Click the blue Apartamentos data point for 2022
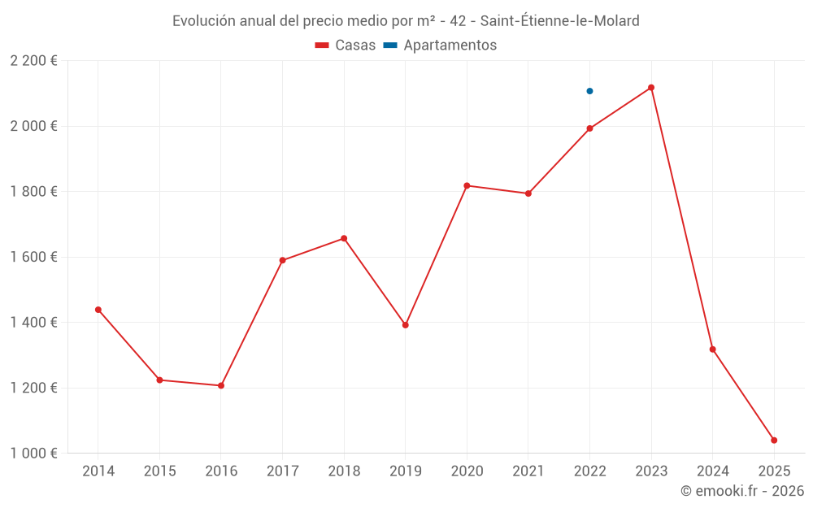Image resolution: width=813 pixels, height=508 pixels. pos(589,91)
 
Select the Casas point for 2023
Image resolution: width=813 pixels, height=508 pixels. pos(651,88)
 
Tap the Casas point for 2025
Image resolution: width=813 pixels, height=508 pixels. pos(774,441)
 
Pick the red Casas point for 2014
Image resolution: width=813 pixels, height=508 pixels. pos(98,310)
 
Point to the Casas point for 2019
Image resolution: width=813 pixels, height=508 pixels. pos(406,325)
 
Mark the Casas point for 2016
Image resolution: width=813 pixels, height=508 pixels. pos(221,385)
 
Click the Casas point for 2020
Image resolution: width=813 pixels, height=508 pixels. pos(467,185)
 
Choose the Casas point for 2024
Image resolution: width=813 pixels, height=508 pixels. pos(713,350)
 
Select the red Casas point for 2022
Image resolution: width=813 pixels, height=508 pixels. pos(589,128)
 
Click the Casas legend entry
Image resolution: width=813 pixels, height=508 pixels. pos(346,46)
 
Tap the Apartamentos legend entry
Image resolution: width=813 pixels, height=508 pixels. pos(440,46)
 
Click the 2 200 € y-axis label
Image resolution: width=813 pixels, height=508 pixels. pos(33,61)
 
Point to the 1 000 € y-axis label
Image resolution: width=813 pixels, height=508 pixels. pos(33,454)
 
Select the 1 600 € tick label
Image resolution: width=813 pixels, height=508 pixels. pos(33,257)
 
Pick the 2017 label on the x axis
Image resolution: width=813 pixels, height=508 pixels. pos(282,471)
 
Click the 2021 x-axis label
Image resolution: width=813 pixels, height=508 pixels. pos(528,471)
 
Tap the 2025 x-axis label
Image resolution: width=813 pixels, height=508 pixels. pos(774,471)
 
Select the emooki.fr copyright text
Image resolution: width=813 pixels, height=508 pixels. pos(742,491)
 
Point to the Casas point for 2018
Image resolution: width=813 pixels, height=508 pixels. pos(344,239)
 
